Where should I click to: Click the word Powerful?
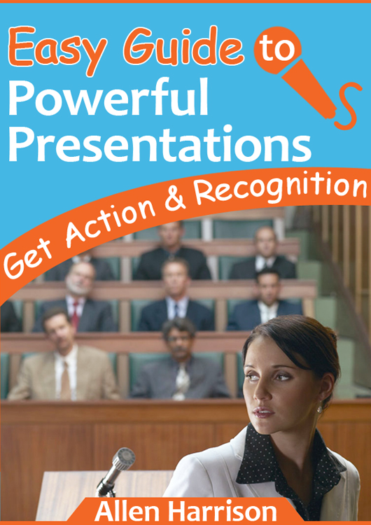(x=108, y=97)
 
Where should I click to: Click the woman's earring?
(x=319, y=409)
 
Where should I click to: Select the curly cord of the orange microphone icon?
(x=348, y=106)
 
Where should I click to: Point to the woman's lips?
(x=263, y=412)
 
